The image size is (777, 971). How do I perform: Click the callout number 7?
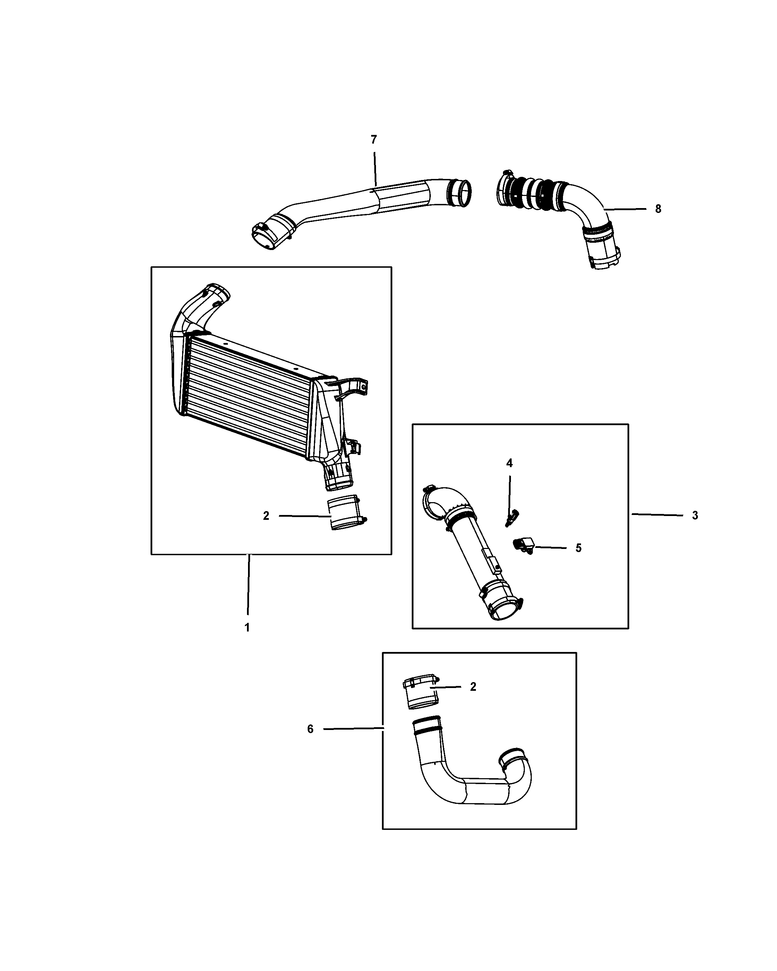pyautogui.click(x=373, y=140)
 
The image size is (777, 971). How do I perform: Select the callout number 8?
pyautogui.click(x=658, y=209)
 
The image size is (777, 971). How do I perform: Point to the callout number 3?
pyautogui.click(x=695, y=515)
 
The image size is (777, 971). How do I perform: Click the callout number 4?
pyautogui.click(x=510, y=463)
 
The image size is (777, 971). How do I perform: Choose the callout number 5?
pyautogui.click(x=578, y=548)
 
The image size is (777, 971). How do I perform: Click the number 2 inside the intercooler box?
pyautogui.click(x=266, y=516)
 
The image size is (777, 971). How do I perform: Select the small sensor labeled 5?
pyautogui.click(x=522, y=545)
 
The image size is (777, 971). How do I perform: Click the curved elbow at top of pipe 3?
pyautogui.click(x=446, y=502)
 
